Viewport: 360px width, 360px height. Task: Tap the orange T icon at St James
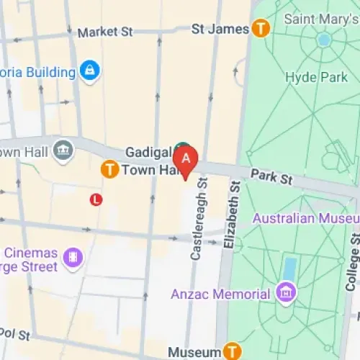coord(260,30)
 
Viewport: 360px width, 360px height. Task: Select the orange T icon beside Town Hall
coord(109,170)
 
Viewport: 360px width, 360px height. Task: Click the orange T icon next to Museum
coord(231,351)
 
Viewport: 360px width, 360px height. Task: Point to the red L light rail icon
coord(96,199)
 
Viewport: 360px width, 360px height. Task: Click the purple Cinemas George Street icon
coord(73,256)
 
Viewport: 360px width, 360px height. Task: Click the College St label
coord(352,259)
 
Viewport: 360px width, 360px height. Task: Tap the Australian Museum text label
coord(302,217)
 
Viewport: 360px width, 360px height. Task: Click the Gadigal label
coord(147,152)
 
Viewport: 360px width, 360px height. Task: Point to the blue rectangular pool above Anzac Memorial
coord(289,268)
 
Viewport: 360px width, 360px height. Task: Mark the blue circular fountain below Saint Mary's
coord(324,40)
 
